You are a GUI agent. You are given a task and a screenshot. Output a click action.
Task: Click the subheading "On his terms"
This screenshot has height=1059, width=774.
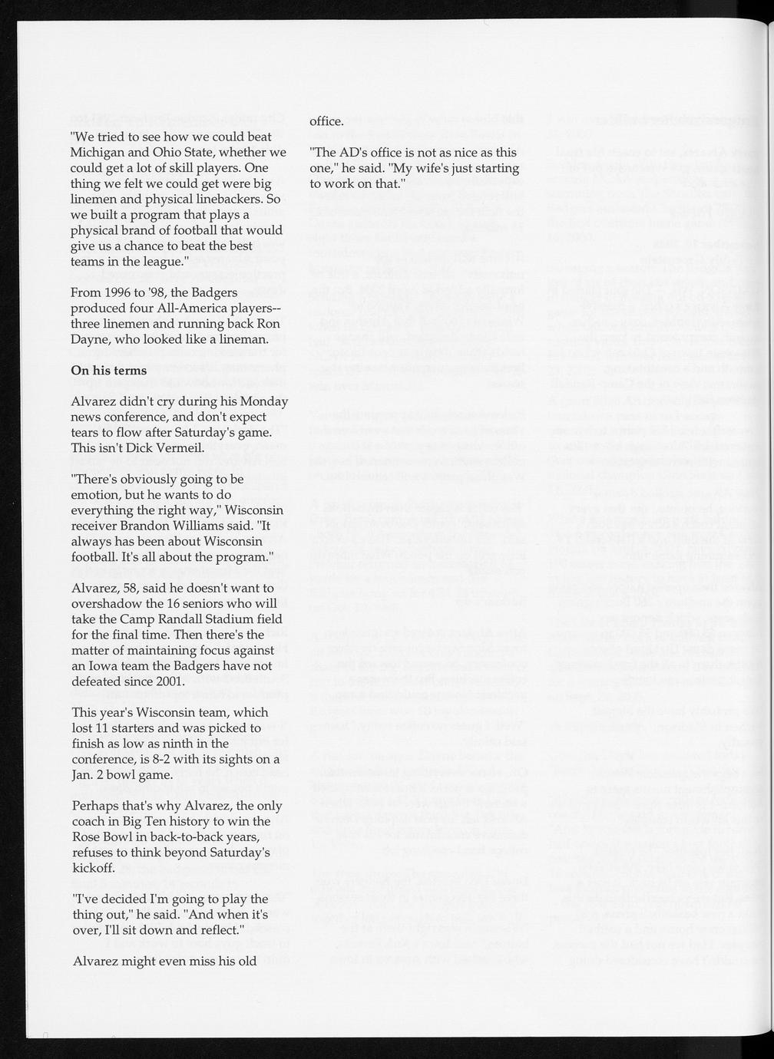coord(108,370)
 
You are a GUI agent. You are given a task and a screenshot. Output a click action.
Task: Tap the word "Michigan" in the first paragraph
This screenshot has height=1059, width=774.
coord(96,152)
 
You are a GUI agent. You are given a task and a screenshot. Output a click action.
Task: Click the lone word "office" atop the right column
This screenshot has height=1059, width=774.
coord(325,121)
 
